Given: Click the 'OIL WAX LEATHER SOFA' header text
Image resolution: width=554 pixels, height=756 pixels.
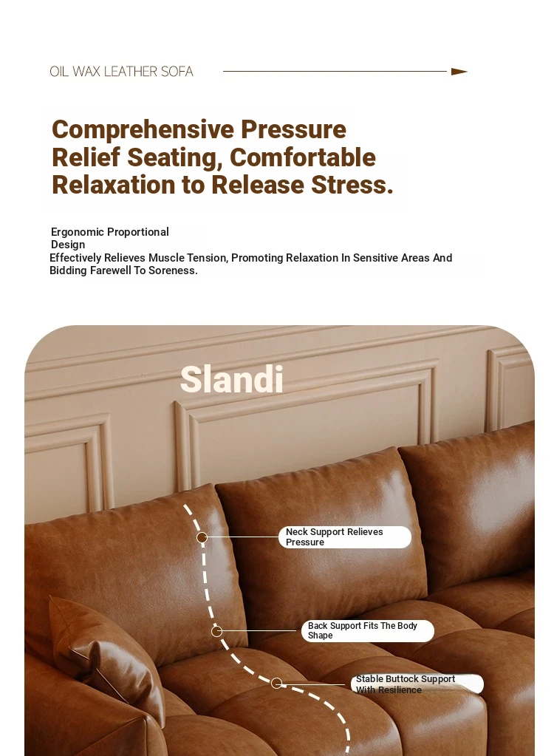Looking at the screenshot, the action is (x=121, y=72).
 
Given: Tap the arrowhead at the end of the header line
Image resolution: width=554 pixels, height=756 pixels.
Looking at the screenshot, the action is (x=459, y=72).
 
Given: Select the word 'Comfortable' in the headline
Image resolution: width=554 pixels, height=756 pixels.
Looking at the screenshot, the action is (x=303, y=157).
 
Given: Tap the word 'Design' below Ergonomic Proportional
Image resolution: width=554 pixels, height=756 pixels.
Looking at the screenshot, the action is (x=68, y=245).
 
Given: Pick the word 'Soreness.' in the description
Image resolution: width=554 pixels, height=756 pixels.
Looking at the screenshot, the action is (x=173, y=270).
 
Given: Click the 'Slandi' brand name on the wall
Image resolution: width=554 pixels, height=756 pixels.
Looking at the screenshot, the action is (x=232, y=379).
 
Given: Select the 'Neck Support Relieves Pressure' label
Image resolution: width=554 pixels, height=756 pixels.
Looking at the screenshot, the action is (x=345, y=537).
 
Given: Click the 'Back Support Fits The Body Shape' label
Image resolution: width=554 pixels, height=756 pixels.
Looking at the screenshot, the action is (x=368, y=630).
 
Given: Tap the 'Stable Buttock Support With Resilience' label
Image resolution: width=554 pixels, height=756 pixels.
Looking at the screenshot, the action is (x=417, y=684).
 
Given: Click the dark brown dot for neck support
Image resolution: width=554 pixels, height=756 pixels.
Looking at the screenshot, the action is (x=202, y=537).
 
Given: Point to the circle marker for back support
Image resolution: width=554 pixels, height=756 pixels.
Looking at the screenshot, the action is (x=216, y=631).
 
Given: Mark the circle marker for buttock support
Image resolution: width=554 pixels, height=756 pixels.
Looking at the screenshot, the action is (x=276, y=683).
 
